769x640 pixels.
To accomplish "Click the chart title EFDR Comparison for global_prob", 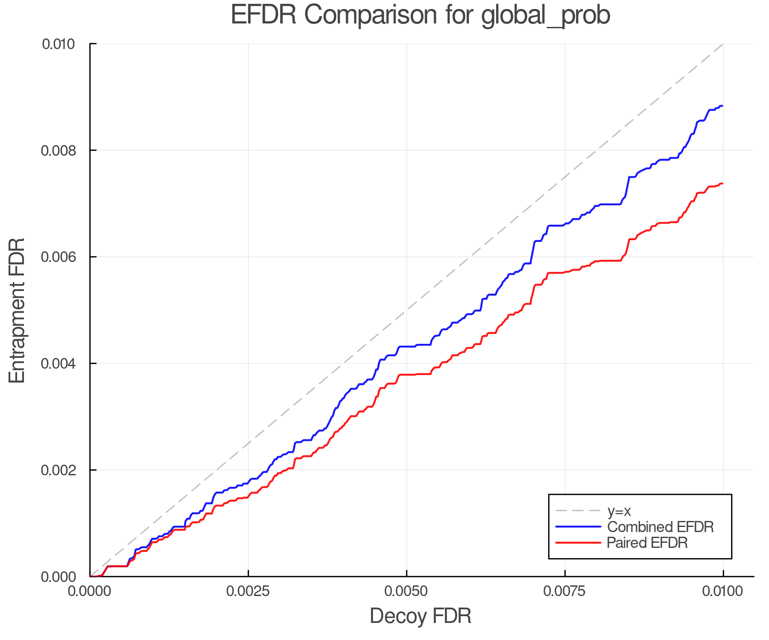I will [x=420, y=15].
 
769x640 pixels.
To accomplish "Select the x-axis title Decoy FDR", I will [x=420, y=616].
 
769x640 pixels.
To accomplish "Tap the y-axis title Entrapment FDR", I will [x=17, y=311].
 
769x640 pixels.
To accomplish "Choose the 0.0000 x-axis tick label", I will [x=90, y=591].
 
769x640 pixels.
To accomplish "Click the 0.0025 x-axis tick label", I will [x=248, y=591].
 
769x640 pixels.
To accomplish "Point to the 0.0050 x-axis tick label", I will [x=406, y=591].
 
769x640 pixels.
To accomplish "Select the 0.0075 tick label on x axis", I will [x=565, y=591].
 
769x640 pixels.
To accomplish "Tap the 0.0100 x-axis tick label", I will [x=723, y=591].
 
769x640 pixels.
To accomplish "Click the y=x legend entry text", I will [x=619, y=511].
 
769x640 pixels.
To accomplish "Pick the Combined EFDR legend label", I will [x=660, y=527].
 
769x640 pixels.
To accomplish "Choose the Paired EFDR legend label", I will [x=647, y=543].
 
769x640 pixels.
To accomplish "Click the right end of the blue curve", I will [x=722, y=106].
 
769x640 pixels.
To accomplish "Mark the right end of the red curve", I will [x=722, y=183].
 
